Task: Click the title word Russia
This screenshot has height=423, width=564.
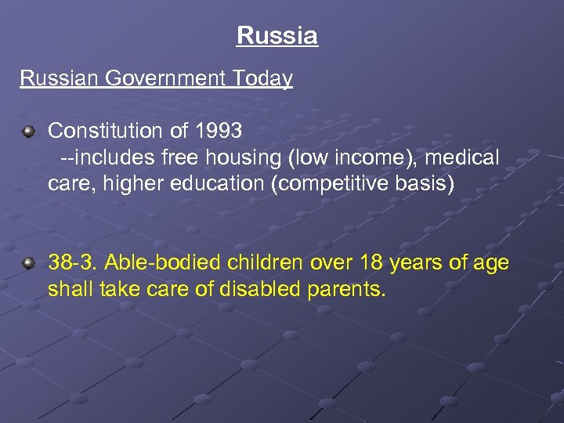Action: [x=277, y=36]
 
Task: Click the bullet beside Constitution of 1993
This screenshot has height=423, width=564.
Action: [x=29, y=131]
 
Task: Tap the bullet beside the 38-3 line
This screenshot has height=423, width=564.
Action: [x=29, y=263]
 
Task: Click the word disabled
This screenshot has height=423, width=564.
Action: [x=255, y=290]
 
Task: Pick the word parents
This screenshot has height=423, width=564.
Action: [x=346, y=290]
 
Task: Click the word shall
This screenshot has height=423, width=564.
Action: [x=68, y=290]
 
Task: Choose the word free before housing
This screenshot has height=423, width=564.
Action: [x=182, y=158]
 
